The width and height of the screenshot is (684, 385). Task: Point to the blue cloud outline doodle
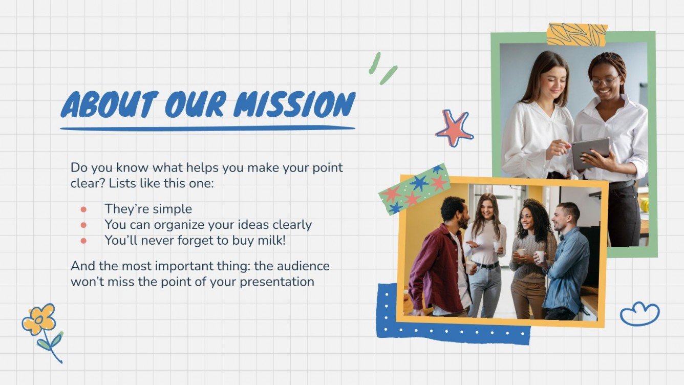(639, 314)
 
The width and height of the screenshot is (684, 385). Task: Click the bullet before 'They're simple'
(83, 209)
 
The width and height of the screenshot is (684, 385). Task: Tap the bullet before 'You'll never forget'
(83, 240)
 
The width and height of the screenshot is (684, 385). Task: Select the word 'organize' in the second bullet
(174, 225)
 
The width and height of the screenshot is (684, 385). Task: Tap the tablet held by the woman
(590, 152)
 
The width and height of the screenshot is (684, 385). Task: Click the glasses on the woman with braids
(604, 81)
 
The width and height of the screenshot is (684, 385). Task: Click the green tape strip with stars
(415, 189)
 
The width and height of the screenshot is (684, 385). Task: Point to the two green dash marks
(383, 68)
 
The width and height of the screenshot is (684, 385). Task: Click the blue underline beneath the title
(207, 128)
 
